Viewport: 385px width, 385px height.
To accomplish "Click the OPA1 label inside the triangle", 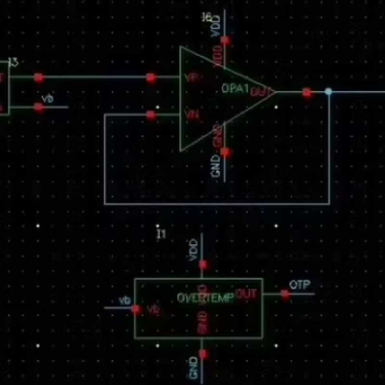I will point(235,89).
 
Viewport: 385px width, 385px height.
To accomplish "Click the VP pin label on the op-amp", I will point(192,78).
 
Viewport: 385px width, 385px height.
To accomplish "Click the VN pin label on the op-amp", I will point(192,115).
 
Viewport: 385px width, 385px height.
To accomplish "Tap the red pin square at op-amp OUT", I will point(307,92).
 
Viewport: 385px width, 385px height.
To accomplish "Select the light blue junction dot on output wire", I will point(329,91).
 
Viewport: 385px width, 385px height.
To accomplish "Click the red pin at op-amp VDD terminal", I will point(225,40).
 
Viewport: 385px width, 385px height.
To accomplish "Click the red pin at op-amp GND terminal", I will point(225,153).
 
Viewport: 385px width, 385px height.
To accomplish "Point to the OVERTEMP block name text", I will point(205,298).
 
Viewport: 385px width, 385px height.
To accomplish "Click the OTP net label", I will point(300,284).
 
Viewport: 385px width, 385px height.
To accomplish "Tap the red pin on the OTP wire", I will point(286,294).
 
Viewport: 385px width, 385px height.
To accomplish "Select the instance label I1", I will point(161,234).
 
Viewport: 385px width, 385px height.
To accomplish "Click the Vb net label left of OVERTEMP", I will point(125,301).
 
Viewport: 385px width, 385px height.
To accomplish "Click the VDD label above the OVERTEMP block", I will point(193,249).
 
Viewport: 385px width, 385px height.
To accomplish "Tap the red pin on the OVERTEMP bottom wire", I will point(203,354).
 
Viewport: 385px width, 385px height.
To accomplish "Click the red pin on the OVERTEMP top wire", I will point(203,264).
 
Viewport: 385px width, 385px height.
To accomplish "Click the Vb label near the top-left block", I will point(47,99).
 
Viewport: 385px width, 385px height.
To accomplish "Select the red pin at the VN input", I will point(151,115).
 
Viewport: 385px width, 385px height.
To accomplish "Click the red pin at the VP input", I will point(151,77).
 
